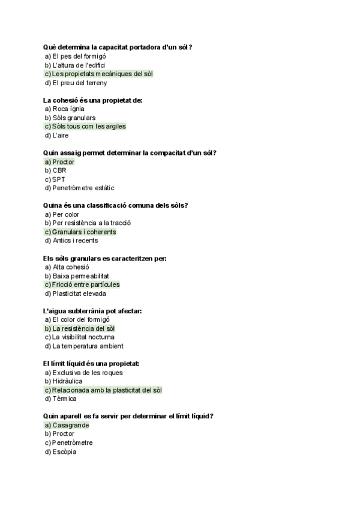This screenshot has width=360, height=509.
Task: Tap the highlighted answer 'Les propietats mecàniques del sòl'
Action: point(99,74)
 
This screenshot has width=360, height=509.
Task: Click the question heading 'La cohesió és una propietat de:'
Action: point(93,100)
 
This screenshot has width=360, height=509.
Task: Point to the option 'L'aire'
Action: point(60,136)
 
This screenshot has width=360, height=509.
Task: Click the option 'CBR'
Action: point(59,170)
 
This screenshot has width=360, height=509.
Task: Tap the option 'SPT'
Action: point(59,179)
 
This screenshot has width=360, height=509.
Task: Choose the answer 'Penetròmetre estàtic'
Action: point(83,188)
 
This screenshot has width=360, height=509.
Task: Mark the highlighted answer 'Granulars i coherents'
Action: point(80,232)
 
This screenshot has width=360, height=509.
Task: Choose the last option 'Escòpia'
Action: point(64,451)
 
